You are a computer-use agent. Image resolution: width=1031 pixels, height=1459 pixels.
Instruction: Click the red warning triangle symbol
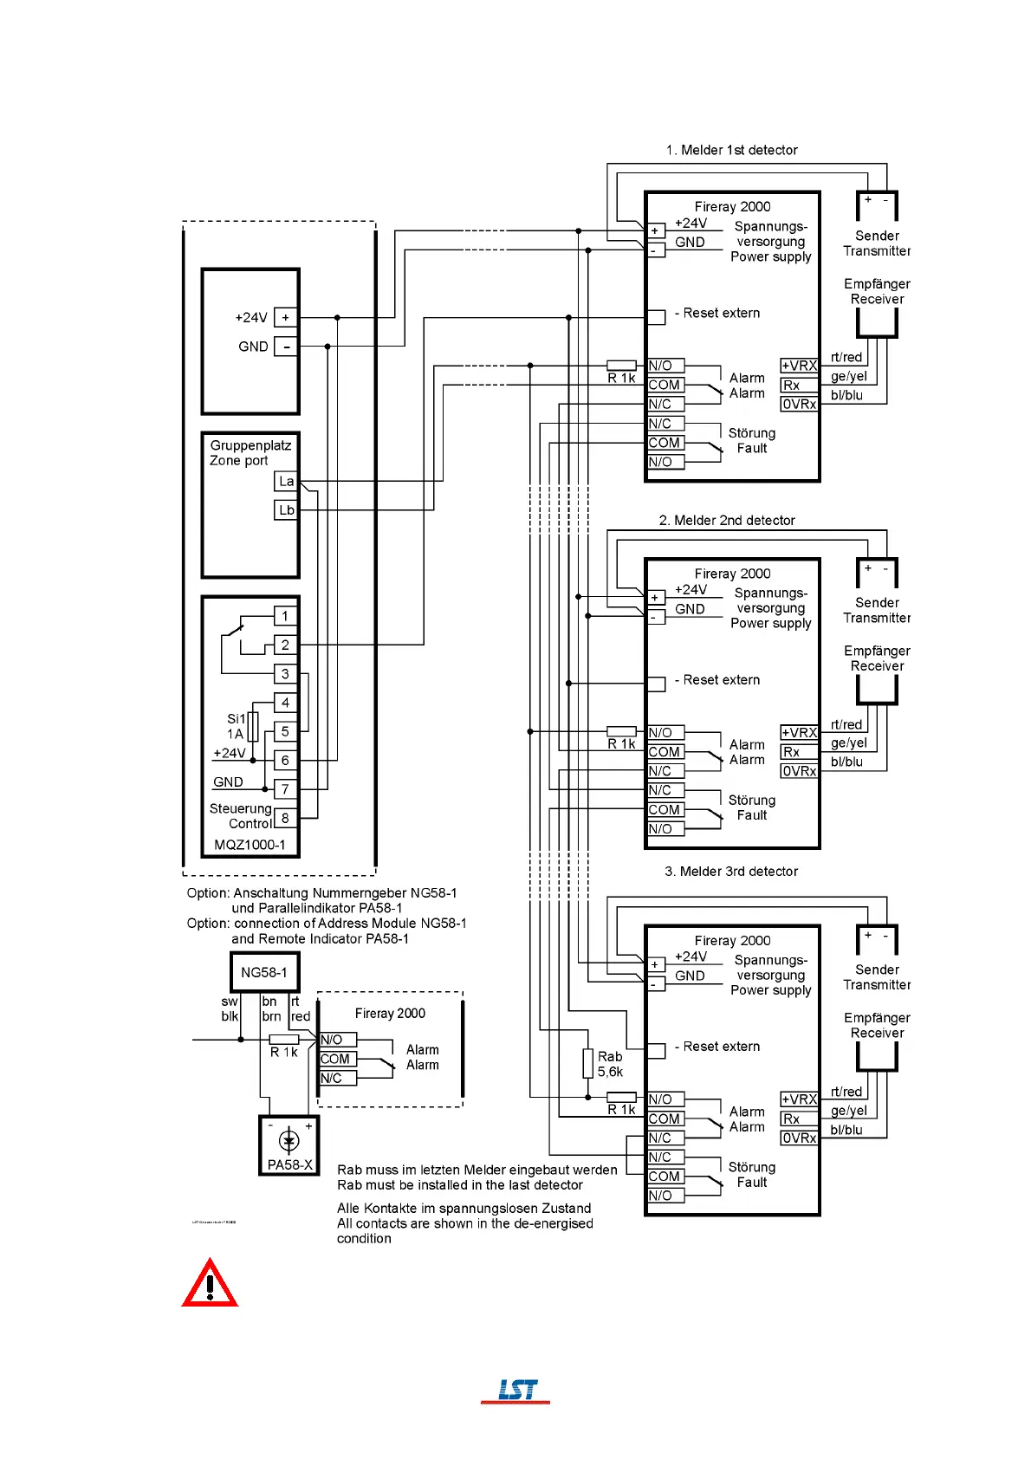coord(210,1285)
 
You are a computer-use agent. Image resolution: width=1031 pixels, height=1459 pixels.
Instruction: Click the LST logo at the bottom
coord(516,1390)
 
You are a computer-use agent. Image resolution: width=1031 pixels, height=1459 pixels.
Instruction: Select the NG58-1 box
coord(264,972)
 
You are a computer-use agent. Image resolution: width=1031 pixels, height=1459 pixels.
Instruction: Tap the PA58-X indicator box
coord(289,1145)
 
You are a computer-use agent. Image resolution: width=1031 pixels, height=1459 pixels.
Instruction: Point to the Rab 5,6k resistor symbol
coord(587,1063)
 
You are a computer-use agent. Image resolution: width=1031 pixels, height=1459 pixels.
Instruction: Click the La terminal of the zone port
coord(286,482)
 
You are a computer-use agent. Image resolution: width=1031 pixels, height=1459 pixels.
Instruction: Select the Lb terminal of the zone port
coord(286,510)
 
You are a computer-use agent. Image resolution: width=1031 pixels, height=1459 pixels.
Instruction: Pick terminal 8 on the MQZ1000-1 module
coord(285,818)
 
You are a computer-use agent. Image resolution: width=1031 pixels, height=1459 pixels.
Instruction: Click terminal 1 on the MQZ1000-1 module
coord(285,616)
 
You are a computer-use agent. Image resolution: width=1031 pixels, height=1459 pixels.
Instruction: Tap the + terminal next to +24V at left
coord(286,318)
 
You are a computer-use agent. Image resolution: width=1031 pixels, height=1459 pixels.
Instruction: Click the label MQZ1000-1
coord(250,845)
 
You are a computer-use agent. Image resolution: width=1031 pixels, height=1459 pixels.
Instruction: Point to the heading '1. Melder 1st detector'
coord(731,150)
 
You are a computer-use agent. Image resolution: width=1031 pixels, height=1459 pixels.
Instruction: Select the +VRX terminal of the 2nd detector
coord(799,733)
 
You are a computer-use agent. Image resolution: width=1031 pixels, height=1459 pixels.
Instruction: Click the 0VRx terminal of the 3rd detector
coord(799,1138)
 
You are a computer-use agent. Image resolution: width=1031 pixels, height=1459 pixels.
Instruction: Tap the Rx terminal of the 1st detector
coord(799,386)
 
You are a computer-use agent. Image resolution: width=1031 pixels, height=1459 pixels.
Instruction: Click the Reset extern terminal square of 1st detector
coord(657,316)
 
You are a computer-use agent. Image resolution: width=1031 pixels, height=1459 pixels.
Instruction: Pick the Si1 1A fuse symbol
coord(253,726)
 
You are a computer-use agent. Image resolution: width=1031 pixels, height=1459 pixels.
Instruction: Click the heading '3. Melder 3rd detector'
coord(731,872)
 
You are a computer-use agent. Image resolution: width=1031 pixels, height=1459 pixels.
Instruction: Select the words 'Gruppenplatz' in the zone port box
coord(250,445)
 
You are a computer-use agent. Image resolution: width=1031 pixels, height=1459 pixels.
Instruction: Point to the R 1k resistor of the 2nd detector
coord(621,732)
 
